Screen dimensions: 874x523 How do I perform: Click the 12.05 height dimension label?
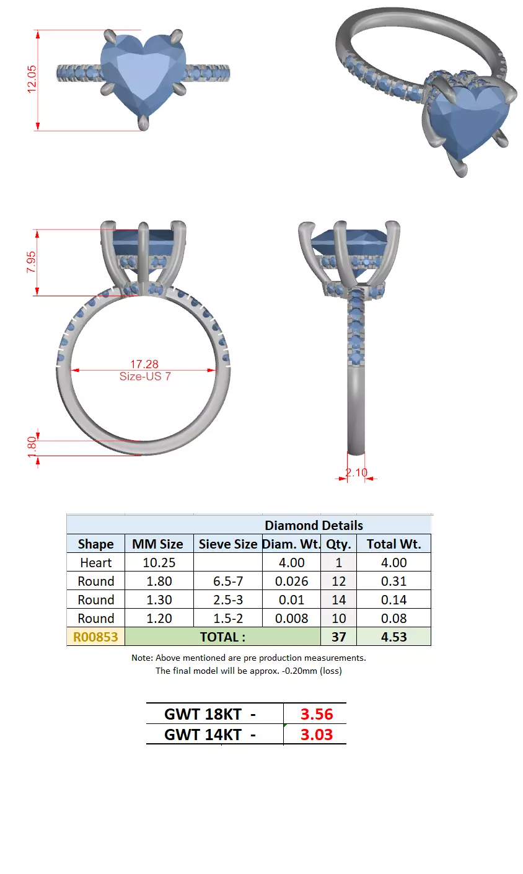[32, 79]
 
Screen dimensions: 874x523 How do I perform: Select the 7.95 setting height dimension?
[31, 263]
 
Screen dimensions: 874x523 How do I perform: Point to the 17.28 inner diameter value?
[144, 364]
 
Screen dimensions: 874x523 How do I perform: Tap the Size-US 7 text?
[145, 376]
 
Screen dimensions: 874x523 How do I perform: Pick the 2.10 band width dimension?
[356, 472]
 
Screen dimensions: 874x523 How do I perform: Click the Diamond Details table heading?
[314, 525]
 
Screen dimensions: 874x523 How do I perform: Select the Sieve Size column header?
[227, 544]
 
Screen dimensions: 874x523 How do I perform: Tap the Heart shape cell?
[96, 563]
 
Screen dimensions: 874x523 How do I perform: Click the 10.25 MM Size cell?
[159, 563]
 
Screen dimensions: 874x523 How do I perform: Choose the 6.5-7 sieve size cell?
[228, 581]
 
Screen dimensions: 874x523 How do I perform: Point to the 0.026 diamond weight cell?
[291, 581]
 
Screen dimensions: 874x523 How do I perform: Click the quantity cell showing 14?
[338, 600]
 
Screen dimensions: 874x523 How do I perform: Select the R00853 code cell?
[95, 637]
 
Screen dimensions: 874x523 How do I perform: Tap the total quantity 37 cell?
[338, 637]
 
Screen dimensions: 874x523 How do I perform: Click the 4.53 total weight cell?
[393, 637]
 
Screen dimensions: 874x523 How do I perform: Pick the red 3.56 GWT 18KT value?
[317, 714]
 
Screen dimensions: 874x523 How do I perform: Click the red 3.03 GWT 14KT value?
[317, 735]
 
